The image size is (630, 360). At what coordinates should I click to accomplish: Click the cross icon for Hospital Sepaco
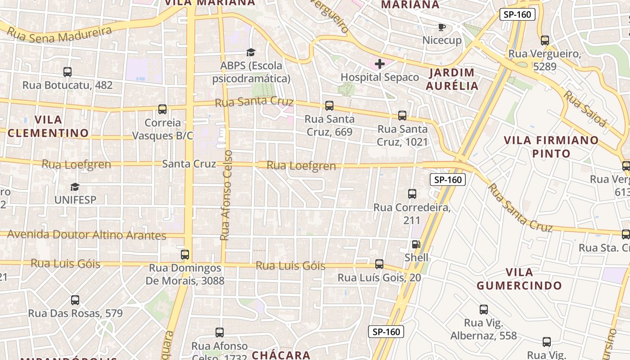pyautogui.click(x=380, y=64)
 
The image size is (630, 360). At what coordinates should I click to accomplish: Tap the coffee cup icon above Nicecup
pyautogui.click(x=442, y=27)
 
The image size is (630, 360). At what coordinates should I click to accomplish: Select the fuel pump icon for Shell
pyautogui.click(x=416, y=244)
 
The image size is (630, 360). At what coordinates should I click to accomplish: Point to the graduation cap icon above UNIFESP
pyautogui.click(x=75, y=187)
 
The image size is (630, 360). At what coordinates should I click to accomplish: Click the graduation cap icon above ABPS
pyautogui.click(x=251, y=53)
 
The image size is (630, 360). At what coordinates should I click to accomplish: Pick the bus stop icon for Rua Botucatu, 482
pyautogui.click(x=67, y=72)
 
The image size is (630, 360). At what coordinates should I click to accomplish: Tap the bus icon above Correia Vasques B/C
pyautogui.click(x=162, y=109)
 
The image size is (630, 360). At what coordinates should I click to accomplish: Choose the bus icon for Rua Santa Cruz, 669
pyautogui.click(x=329, y=106)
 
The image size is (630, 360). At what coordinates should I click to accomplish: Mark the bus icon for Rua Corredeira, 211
pyautogui.click(x=412, y=194)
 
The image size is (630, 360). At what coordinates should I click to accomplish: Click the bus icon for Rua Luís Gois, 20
pyautogui.click(x=379, y=264)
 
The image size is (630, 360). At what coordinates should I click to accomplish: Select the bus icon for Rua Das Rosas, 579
pyautogui.click(x=75, y=300)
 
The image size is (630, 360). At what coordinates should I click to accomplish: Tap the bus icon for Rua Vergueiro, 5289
pyautogui.click(x=545, y=40)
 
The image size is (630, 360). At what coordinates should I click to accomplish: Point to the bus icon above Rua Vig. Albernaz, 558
pyautogui.click(x=484, y=310)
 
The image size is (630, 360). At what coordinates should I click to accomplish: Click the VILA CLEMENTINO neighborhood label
pyautogui.click(x=48, y=126)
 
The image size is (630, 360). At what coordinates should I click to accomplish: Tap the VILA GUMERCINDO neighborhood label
pyautogui.click(x=519, y=279)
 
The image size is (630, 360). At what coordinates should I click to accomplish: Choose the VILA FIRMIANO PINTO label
pyautogui.click(x=551, y=147)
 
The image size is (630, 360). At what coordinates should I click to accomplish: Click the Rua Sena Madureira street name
pyautogui.click(x=59, y=35)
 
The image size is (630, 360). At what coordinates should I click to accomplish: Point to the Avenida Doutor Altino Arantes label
pyautogui.click(x=87, y=235)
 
